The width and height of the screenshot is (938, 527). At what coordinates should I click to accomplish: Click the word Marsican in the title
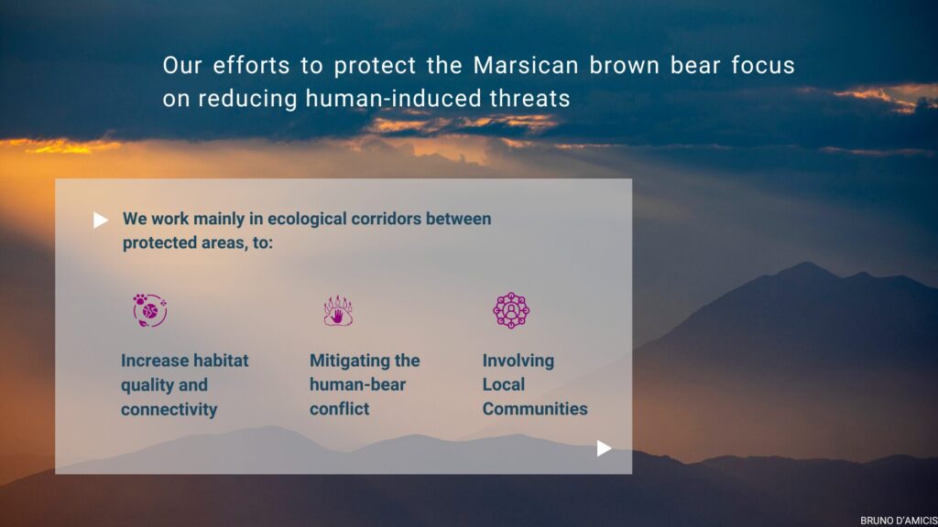tap(526, 65)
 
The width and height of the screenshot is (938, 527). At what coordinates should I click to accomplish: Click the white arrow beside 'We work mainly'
tap(101, 220)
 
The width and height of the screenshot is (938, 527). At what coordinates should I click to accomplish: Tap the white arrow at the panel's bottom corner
tap(604, 448)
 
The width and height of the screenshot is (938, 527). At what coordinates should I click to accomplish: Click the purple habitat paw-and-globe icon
tap(149, 310)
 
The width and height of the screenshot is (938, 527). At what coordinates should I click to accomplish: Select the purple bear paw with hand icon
tap(338, 311)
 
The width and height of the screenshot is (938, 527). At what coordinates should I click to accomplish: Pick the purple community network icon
tap(511, 310)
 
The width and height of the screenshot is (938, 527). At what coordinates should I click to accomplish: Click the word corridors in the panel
tap(386, 219)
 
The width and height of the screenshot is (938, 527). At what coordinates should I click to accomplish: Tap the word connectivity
tap(169, 409)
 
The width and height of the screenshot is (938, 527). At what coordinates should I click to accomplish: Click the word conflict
tap(339, 409)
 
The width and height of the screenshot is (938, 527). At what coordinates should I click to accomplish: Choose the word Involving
tap(518, 360)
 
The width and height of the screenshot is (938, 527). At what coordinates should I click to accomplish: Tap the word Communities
tap(535, 409)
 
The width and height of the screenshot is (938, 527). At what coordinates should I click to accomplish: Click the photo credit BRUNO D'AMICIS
tap(899, 521)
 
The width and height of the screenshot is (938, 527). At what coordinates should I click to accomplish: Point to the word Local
tap(504, 384)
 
